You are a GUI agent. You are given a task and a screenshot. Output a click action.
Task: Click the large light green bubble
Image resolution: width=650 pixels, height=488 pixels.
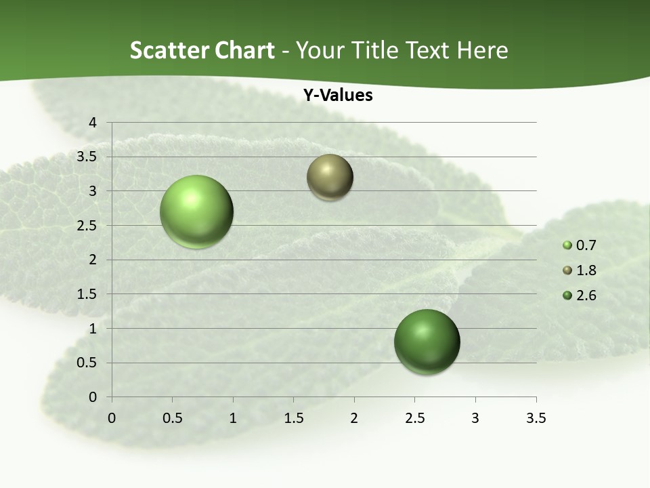click(197, 211)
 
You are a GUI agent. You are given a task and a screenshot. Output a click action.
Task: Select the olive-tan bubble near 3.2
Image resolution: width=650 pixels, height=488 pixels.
click(330, 177)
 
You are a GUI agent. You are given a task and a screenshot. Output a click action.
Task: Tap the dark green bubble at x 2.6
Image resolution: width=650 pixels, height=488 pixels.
click(427, 342)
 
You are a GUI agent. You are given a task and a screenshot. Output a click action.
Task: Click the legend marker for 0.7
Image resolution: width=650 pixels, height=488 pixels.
click(567, 245)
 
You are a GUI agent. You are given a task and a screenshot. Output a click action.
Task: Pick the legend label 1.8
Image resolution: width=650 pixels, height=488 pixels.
click(586, 270)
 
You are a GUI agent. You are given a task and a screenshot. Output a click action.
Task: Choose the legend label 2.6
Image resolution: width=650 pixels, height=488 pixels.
click(586, 296)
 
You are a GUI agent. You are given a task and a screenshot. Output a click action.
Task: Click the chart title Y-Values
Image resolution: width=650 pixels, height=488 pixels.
click(338, 96)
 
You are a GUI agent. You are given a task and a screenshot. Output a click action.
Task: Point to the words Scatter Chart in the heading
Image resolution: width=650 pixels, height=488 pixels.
click(202, 50)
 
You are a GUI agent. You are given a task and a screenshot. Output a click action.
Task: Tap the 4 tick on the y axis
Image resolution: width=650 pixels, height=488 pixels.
click(93, 123)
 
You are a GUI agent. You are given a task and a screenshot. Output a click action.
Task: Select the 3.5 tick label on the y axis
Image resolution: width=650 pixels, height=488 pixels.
click(88, 157)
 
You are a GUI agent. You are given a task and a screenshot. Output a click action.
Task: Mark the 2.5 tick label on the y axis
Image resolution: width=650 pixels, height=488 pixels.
click(88, 225)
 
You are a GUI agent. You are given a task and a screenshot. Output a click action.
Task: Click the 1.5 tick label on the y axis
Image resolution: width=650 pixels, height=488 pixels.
click(88, 294)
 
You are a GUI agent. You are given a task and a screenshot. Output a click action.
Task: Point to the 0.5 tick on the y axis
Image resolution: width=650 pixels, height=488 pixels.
click(88, 363)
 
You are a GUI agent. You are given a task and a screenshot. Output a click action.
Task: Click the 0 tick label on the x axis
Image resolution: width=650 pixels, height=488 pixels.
click(112, 418)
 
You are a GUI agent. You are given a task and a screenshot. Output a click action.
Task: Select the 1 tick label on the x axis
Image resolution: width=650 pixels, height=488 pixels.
click(233, 418)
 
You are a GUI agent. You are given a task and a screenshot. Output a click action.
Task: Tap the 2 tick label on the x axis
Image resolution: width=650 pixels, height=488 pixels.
click(354, 418)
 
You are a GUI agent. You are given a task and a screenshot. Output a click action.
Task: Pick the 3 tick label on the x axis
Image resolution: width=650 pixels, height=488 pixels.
click(475, 418)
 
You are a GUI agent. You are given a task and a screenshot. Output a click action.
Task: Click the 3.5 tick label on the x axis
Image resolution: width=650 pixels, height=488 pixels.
click(536, 418)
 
